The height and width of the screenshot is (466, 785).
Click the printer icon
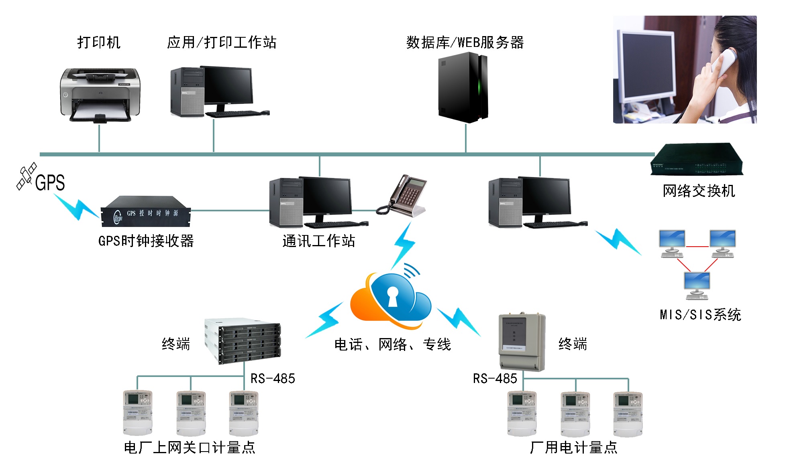point(100,95)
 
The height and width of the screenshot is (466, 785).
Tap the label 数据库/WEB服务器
point(465,42)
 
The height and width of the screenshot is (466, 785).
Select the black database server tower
point(463,87)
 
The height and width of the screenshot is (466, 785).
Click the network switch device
point(697,160)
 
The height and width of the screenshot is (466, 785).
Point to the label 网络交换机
point(699,191)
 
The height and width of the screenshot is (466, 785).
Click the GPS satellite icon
point(27,176)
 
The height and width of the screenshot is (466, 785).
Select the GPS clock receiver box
point(145,211)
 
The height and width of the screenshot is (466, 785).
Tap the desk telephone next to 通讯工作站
point(403,197)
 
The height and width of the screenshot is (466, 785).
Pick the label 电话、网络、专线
point(392,344)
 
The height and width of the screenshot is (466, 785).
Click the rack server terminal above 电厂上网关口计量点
point(243,340)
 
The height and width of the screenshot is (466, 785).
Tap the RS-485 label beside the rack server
point(273,378)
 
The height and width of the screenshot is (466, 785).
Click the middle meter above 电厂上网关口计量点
point(191,413)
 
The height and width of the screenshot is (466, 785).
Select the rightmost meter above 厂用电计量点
point(628,414)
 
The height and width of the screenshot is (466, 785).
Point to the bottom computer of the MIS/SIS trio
point(697,285)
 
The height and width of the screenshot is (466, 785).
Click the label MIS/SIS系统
point(700,315)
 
